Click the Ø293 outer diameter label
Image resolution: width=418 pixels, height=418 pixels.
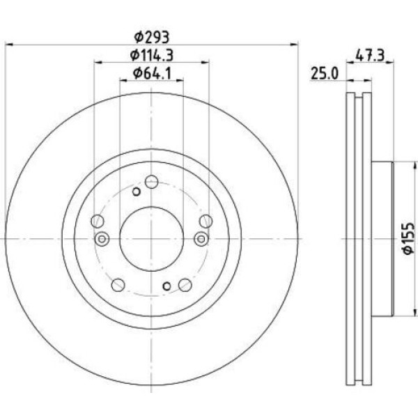(152, 38)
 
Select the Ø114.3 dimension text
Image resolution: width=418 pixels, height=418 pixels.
(152, 55)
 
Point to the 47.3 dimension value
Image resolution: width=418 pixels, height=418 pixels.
(370, 56)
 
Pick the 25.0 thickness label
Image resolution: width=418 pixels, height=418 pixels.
(325, 74)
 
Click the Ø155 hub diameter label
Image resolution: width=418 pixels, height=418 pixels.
(409, 238)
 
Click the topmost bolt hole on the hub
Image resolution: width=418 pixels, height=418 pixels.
(151, 182)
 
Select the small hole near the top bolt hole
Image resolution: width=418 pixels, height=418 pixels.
(137, 192)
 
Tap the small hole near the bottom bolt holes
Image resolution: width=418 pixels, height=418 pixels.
(167, 286)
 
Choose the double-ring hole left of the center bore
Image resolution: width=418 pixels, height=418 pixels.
(102, 239)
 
